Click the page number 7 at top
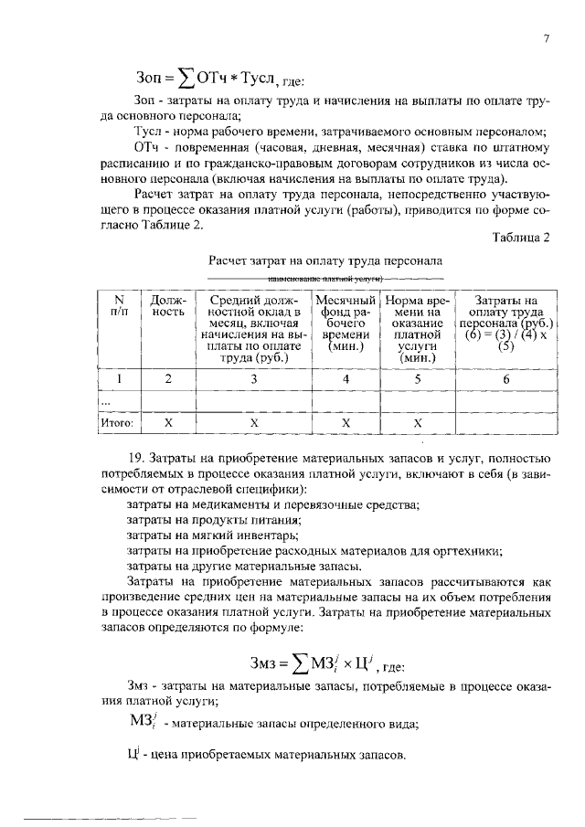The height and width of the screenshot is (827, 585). [x=545, y=38]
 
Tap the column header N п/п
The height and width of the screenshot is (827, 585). [x=117, y=305]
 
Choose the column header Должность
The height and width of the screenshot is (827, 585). [x=168, y=305]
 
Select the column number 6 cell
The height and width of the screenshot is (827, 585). [x=506, y=377]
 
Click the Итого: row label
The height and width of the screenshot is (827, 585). [x=117, y=424]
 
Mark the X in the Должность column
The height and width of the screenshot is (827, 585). [x=167, y=424]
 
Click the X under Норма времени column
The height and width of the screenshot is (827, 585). [x=417, y=424]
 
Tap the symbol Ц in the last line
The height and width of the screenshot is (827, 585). [x=131, y=756]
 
